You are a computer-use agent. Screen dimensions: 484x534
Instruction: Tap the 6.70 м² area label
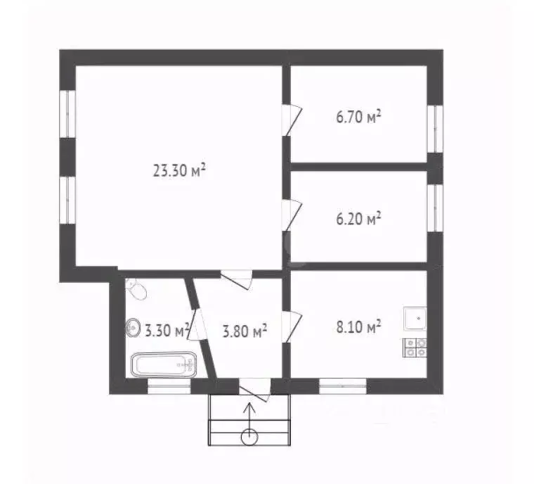pyautogui.click(x=358, y=117)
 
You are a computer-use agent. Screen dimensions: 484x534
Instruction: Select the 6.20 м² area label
pyautogui.click(x=358, y=218)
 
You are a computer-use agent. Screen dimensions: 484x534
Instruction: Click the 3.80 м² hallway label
pyautogui.click(x=243, y=330)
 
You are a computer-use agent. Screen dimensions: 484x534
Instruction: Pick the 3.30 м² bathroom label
pyautogui.click(x=166, y=329)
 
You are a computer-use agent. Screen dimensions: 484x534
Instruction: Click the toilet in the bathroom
pyautogui.click(x=136, y=288)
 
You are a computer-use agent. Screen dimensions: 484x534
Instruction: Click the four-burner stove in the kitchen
pyautogui.click(x=415, y=346)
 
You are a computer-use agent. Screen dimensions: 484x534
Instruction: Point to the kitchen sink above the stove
pyautogui.click(x=416, y=319)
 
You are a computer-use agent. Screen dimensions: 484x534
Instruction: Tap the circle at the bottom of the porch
pyautogui.click(x=249, y=436)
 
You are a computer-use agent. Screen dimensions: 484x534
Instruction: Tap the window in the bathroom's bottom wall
pyautogui.click(x=169, y=386)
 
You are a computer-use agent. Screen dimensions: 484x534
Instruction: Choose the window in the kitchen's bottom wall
pyautogui.click(x=342, y=386)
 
